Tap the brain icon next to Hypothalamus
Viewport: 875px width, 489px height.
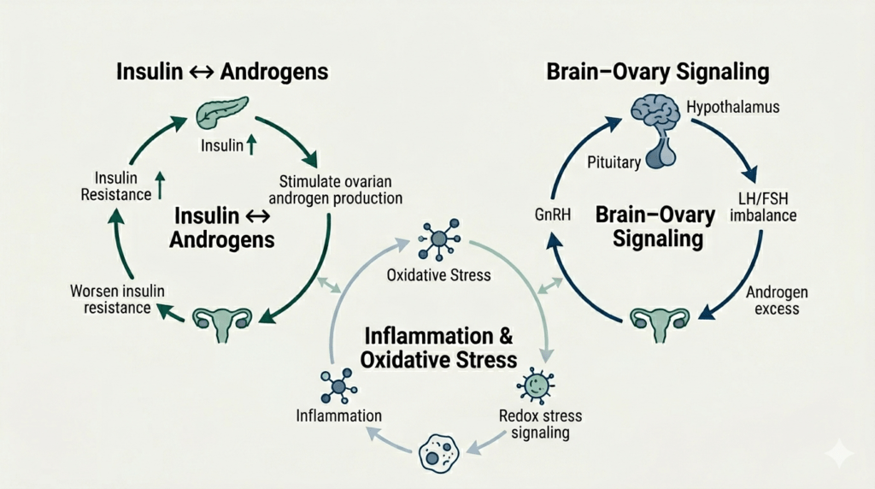click(x=658, y=114)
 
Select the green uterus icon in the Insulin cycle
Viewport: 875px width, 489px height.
click(x=222, y=322)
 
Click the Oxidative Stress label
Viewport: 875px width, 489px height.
click(x=438, y=275)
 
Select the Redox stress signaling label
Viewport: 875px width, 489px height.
click(x=539, y=424)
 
